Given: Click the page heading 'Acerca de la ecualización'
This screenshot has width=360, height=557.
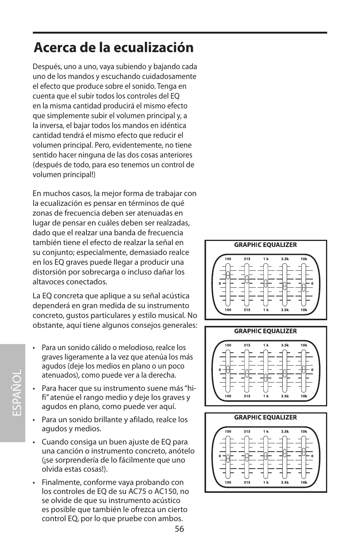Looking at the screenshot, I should coord(114,48).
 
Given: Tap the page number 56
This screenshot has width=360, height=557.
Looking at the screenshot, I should coord(179,529).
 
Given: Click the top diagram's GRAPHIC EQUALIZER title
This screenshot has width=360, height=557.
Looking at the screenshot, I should coord(265,245).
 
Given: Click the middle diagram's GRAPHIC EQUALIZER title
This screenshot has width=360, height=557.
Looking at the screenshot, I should coord(265,331).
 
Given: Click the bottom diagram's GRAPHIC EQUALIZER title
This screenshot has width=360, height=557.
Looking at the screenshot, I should coord(265,417).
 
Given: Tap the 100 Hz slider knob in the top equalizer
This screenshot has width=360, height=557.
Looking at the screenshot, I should coord(228,275).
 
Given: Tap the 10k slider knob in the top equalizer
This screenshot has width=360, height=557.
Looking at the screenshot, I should coord(304,287).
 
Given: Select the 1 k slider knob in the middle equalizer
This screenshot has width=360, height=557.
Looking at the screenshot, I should coord(266,377).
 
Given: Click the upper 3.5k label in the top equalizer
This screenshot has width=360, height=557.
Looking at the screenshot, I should coord(285,259).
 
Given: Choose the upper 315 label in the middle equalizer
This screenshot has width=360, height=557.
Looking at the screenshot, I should coord(247,345).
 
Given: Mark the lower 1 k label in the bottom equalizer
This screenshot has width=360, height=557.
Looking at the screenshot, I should coord(266,482).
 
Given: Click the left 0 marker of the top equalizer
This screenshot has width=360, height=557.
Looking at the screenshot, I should coord(220,284).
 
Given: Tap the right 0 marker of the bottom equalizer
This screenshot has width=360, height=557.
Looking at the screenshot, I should coord(312,456).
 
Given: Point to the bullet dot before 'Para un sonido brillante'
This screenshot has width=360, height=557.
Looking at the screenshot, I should coord(34,420).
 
